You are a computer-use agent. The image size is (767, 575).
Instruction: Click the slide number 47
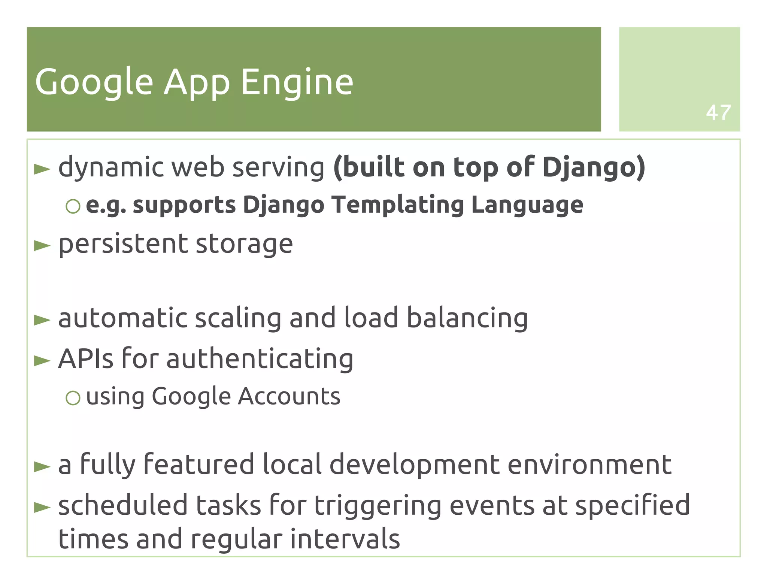point(718,112)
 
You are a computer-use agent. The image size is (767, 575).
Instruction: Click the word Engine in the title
point(297,82)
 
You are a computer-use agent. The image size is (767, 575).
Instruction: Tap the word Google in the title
point(94,82)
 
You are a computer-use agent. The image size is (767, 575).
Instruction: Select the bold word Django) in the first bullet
point(594,167)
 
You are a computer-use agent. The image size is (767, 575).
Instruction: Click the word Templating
point(398,205)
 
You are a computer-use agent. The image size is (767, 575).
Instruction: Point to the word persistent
point(122,244)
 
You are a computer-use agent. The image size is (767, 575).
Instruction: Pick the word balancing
point(467,318)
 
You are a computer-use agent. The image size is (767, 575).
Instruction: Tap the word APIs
point(86,359)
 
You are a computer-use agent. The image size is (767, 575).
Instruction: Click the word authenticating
point(260,359)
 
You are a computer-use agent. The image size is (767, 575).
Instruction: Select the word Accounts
point(289,396)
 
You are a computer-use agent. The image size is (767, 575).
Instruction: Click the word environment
point(589,464)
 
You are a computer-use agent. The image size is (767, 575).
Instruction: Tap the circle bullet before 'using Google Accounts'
point(73,398)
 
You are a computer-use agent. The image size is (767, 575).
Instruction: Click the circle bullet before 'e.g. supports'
point(73,206)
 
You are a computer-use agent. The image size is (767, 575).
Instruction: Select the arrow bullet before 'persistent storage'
point(42,246)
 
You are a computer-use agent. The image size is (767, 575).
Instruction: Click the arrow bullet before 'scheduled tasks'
point(42,507)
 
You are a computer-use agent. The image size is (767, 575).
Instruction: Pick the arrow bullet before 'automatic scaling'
point(42,320)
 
